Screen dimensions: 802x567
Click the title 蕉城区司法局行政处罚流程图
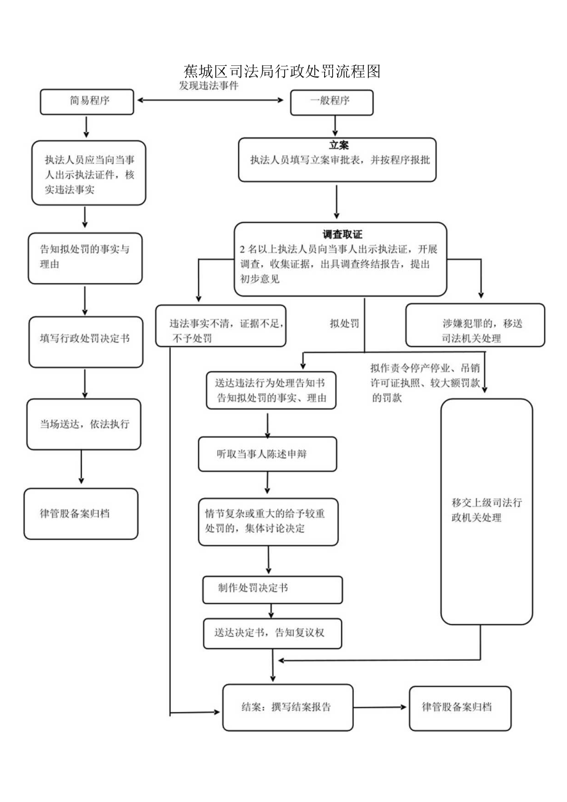pyautogui.click(x=282, y=71)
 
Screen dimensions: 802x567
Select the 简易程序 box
pyautogui.click(x=87, y=102)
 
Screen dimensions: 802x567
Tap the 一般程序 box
pyautogui.click(x=332, y=102)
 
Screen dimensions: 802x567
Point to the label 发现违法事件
pyautogui.click(x=208, y=86)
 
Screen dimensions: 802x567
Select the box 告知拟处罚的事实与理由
pyautogui.click(x=86, y=258)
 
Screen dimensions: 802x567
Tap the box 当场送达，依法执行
pyautogui.click(x=84, y=424)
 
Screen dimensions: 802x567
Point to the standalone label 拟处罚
pyautogui.click(x=344, y=323)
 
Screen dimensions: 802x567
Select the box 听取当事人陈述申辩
pyautogui.click(x=267, y=454)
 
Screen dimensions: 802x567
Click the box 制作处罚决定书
pyautogui.click(x=272, y=589)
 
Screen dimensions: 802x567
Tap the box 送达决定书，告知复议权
pyautogui.click(x=272, y=633)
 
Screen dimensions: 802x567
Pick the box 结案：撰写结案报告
pyautogui.click(x=288, y=707)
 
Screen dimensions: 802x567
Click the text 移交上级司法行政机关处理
pyautogui.click(x=486, y=510)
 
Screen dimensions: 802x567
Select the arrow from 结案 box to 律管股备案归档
pyautogui.click(x=380, y=708)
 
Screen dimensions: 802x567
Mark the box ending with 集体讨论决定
pyautogui.click(x=268, y=521)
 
